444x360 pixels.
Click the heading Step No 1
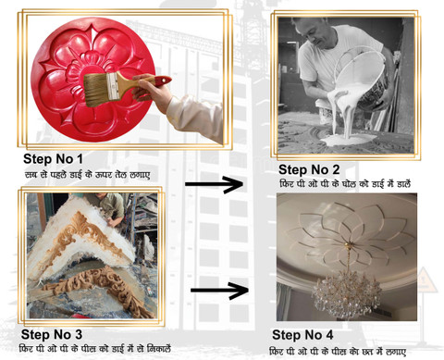[53, 159]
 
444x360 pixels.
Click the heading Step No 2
[309, 169]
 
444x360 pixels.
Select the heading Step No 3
[52, 334]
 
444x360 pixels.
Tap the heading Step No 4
[302, 335]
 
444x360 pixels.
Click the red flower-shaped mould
[92, 80]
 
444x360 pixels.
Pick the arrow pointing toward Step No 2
[214, 184]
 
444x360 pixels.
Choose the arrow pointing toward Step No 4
[219, 290]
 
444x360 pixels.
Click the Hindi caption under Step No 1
[88, 175]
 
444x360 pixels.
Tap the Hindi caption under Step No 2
[345, 184]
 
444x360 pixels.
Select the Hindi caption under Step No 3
[95, 349]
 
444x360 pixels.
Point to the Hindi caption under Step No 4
[338, 352]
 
